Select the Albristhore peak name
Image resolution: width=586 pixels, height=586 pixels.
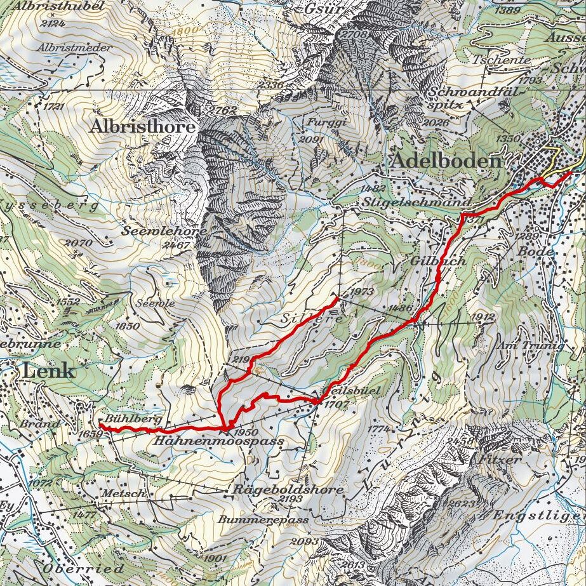tap(142, 126)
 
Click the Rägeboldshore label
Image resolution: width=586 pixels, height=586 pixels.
tap(288, 489)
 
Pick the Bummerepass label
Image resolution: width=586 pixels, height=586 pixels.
tap(263, 519)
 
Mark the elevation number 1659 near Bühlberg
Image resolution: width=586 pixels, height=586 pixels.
tap(91, 434)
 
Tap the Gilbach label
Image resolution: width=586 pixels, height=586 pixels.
tap(438, 261)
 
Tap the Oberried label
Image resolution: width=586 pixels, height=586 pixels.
tap(83, 567)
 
